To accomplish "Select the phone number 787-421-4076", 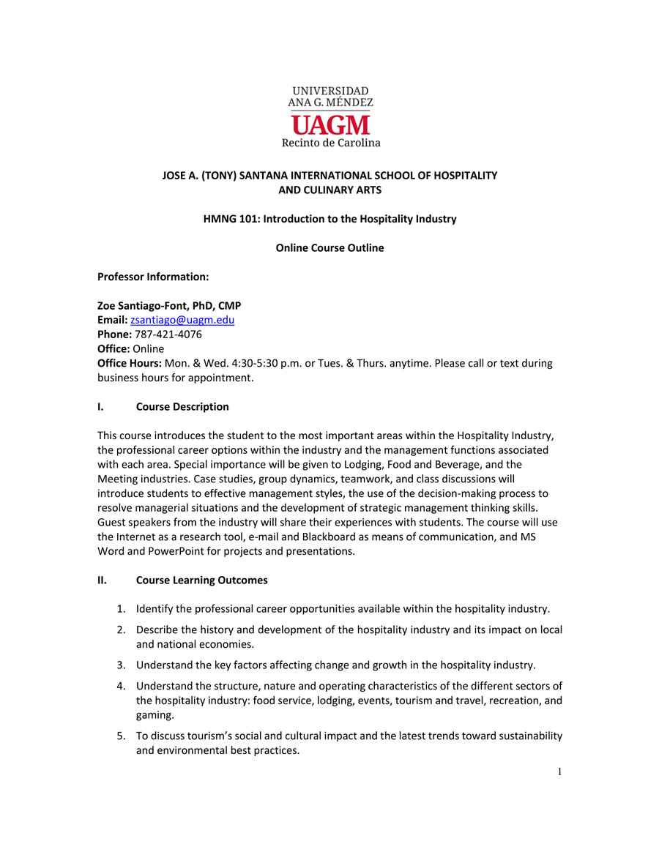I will pos(168,335).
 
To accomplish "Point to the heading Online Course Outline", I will pos(329,248).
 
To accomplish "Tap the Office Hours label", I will pos(129,363).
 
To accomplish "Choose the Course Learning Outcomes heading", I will pos(201,580).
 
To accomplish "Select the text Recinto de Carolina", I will pos(331,143).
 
